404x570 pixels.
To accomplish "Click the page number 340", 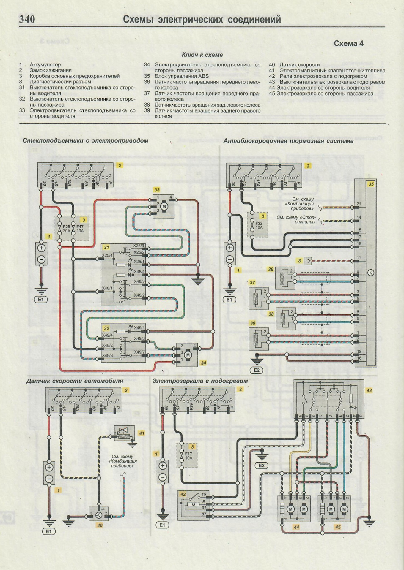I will point(27,19).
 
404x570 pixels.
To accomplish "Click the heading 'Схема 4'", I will point(348,43).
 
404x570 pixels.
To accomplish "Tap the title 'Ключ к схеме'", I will point(202,55).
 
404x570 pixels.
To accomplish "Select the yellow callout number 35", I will point(371,184).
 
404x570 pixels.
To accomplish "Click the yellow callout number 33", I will point(157,190).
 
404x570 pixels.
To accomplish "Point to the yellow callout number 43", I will point(369,390).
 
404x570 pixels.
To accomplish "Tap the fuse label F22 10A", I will point(259,225).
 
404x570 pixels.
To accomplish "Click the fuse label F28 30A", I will point(66,229).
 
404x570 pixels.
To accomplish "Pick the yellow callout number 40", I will point(100,525).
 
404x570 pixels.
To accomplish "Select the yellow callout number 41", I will point(142,433).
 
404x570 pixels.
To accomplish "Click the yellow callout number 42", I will point(183,494).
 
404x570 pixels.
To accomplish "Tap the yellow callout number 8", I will point(299,261).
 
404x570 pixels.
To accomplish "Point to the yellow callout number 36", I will point(271,269).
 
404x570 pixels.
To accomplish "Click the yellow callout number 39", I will point(253,323).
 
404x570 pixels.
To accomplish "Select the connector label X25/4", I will point(107,255).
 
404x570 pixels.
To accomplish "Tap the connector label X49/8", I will point(139,338).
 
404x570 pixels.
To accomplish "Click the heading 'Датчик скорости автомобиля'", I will point(75,381).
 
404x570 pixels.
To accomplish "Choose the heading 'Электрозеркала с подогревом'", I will point(200,381).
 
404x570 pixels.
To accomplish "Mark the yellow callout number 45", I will point(338,527).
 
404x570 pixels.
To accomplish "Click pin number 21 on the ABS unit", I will point(359,204).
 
